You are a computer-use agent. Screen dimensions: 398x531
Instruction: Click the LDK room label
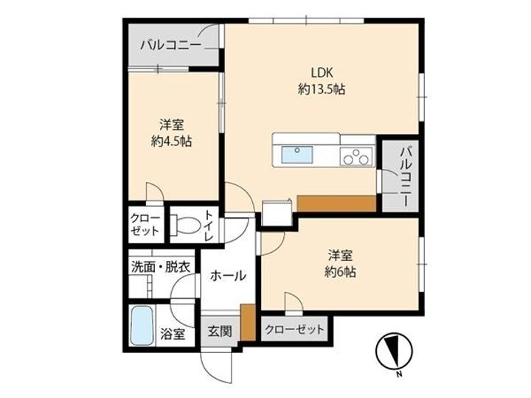point(322,73)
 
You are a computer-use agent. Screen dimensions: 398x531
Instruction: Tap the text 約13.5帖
point(322,89)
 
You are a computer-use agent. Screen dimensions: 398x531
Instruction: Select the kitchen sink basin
point(295,156)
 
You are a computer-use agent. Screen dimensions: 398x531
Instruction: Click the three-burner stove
point(355,156)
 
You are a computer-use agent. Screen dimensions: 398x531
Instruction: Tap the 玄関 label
point(219,330)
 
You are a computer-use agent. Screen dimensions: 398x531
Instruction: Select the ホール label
point(228,276)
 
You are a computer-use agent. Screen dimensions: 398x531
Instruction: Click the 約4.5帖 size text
point(171,141)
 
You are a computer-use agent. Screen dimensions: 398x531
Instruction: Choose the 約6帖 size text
point(339,271)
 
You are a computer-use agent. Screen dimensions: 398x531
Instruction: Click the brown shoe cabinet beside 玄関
point(248,323)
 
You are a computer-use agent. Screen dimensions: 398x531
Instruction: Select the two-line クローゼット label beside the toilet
point(145,224)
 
